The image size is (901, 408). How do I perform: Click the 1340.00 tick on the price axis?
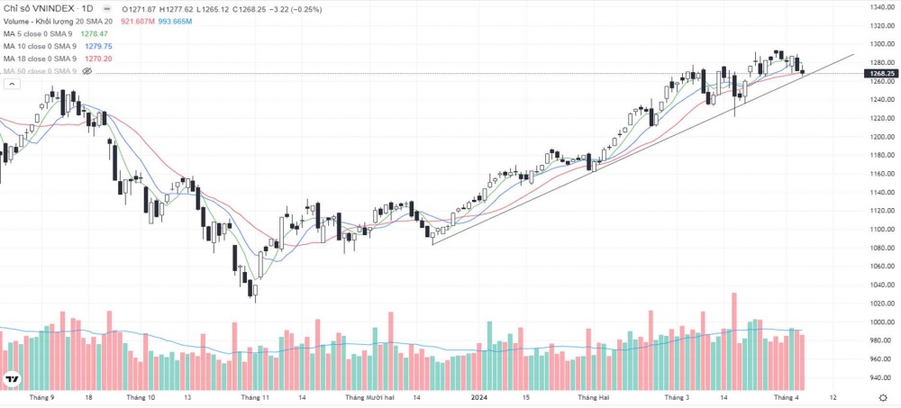(881, 7)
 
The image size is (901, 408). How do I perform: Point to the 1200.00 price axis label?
(881, 137)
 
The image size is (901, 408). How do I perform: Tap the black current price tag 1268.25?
(881, 73)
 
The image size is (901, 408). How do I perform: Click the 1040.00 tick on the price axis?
(881, 285)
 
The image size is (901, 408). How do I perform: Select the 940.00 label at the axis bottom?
(881, 377)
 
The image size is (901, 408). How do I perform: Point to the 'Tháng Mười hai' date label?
(369, 396)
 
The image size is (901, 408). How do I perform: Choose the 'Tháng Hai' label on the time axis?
(594, 396)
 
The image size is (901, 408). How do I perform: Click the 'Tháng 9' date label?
(41, 396)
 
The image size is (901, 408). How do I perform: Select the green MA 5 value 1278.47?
(95, 33)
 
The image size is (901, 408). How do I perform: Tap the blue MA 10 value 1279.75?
(96, 46)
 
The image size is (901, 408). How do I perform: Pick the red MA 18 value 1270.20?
(97, 59)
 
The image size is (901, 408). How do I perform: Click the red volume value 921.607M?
(137, 21)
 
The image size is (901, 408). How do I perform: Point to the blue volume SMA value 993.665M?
(175, 21)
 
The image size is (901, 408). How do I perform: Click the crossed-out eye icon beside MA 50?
(87, 70)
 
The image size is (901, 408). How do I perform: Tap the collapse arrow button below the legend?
(12, 84)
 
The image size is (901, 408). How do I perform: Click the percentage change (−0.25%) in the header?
(249, 7)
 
